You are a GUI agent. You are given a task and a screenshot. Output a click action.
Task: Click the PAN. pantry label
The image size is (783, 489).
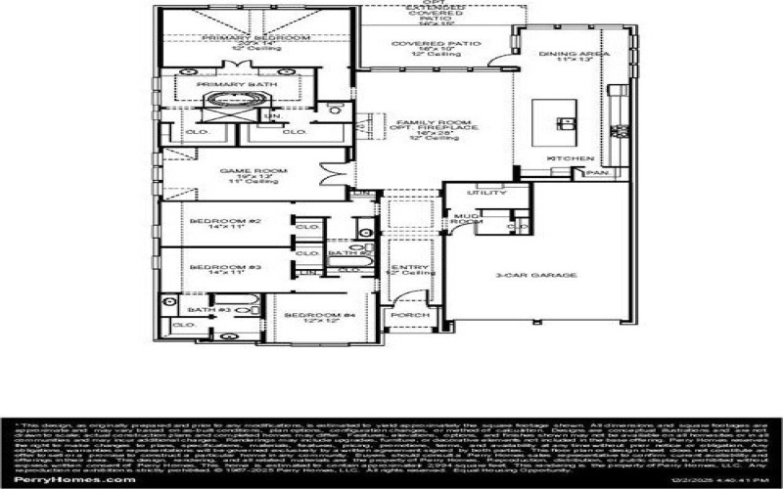tap(595, 173)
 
